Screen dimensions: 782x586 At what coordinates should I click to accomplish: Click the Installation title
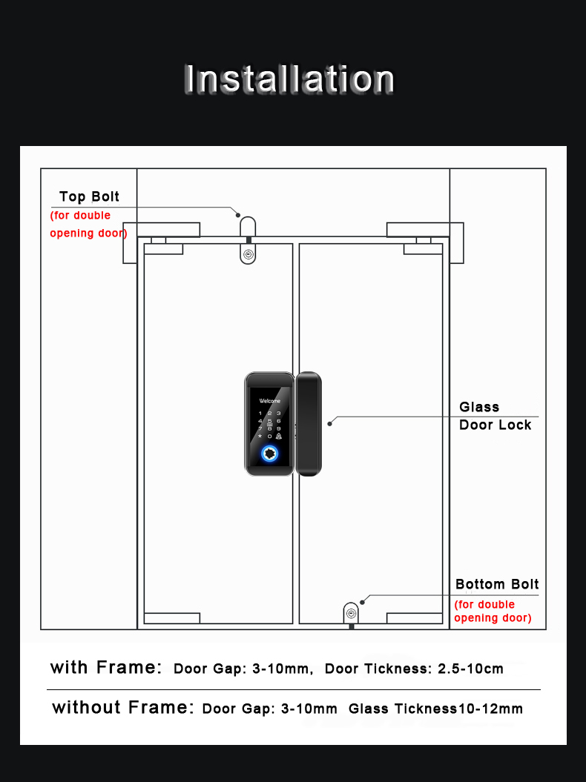click(289, 79)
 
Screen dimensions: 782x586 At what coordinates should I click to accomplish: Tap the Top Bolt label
click(89, 197)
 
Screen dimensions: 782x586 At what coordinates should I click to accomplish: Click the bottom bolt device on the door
click(351, 614)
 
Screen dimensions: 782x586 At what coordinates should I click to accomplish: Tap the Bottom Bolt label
click(497, 584)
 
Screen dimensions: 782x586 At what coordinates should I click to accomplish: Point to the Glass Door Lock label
click(495, 416)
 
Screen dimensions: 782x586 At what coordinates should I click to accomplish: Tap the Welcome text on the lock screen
click(269, 400)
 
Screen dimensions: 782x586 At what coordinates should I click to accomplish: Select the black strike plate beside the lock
click(309, 423)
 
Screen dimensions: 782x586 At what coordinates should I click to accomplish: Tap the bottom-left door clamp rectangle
click(172, 618)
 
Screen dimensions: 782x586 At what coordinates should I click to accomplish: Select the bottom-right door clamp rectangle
click(415, 618)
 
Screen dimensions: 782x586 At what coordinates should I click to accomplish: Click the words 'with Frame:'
click(106, 667)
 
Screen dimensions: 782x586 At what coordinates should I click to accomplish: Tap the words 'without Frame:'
click(123, 708)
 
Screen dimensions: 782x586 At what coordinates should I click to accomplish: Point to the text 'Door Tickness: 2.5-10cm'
click(414, 669)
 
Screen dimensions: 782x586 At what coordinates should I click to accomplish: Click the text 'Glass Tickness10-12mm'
click(435, 709)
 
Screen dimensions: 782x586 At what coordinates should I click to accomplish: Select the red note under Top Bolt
click(88, 225)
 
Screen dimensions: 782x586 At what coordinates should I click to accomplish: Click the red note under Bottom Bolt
click(493, 612)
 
